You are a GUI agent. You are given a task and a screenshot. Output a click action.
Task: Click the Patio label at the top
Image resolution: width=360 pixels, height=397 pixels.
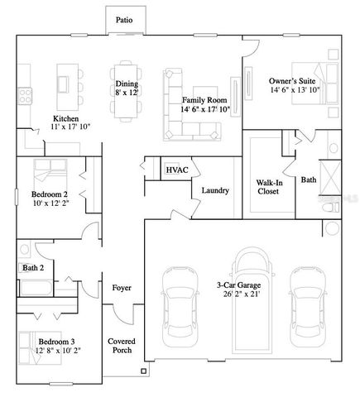pyautogui.click(x=123, y=19)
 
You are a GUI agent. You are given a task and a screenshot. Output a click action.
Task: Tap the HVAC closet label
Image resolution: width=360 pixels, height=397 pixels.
pyautogui.click(x=176, y=170)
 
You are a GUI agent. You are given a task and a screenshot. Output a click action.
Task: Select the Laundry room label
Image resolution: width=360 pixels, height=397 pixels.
pyautogui.click(x=215, y=190)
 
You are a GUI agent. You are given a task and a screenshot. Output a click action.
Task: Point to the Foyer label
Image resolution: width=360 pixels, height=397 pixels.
pyautogui.click(x=122, y=287)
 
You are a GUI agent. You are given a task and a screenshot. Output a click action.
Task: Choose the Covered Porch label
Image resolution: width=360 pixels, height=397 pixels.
pyautogui.click(x=122, y=346)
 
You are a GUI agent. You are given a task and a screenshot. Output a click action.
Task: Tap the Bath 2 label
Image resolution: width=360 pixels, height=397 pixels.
pyautogui.click(x=33, y=268)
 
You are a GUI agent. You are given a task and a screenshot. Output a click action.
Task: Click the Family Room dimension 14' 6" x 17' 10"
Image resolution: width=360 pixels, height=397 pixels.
pyautogui.click(x=204, y=109)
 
